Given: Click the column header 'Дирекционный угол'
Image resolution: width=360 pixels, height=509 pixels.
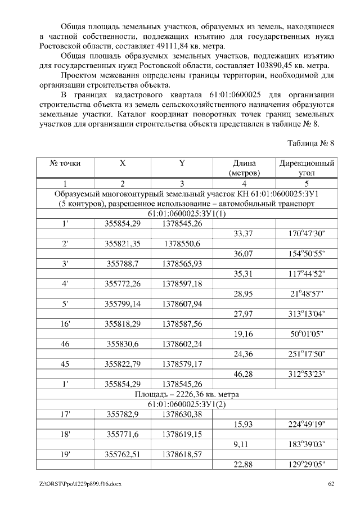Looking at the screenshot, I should coord(307,168).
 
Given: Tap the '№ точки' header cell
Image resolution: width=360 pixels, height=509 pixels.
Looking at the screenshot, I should coord(65,163).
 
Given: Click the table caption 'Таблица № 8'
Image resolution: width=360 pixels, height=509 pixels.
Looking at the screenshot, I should coord(312,143).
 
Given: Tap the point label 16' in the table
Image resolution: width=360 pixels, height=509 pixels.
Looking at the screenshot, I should coord(65,325).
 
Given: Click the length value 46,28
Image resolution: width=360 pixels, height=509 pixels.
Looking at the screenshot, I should coord(242,374).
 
